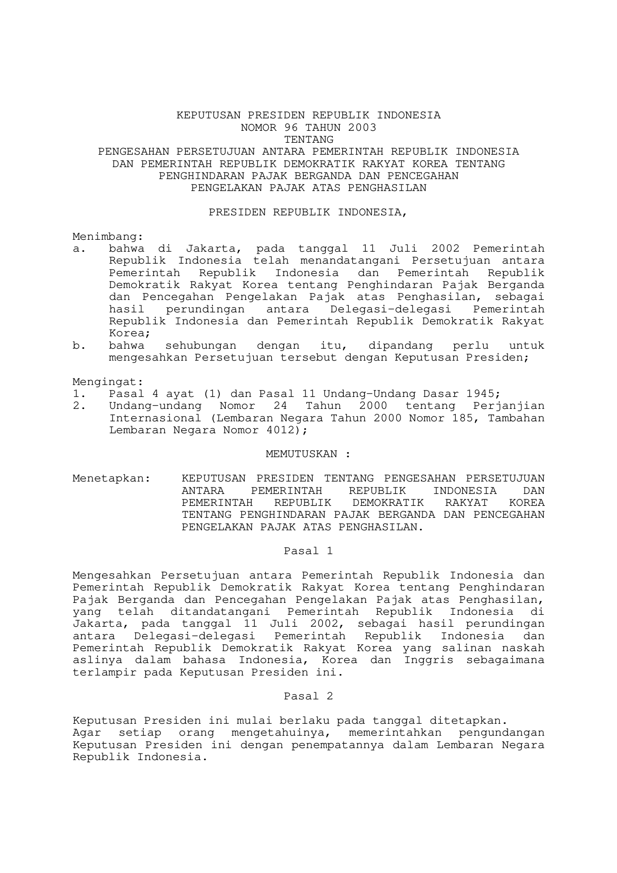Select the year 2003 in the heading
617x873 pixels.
click(362, 127)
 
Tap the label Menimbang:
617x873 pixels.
click(108, 236)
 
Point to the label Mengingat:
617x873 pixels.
click(108, 382)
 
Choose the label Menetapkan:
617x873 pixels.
click(111, 479)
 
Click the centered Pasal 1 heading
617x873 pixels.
click(308, 551)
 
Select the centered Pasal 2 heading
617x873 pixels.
click(308, 696)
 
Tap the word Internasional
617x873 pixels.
click(155, 418)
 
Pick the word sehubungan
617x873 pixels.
click(201, 346)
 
